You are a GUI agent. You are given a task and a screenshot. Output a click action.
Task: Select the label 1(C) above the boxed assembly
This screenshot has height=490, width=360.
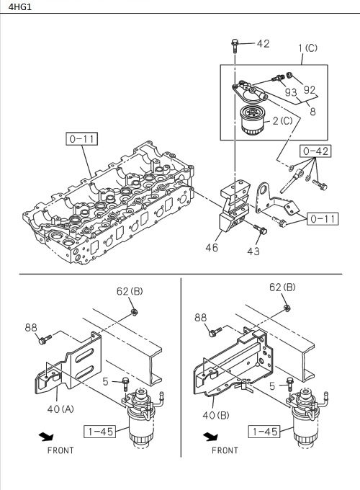click(307, 48)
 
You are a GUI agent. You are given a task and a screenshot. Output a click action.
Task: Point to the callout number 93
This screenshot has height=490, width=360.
click(291, 92)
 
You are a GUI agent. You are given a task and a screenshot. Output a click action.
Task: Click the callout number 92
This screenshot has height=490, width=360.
click(309, 91)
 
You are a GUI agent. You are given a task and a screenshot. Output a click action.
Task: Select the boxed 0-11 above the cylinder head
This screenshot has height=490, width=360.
click(83, 138)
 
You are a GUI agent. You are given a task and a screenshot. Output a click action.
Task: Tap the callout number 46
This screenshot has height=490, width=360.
click(211, 247)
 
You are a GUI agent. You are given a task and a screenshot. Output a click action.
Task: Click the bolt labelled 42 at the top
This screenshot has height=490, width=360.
click(235, 45)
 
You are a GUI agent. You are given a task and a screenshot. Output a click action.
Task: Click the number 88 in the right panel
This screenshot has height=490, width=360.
click(201, 316)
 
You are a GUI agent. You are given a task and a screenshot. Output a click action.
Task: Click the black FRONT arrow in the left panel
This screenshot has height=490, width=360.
click(46, 436)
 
